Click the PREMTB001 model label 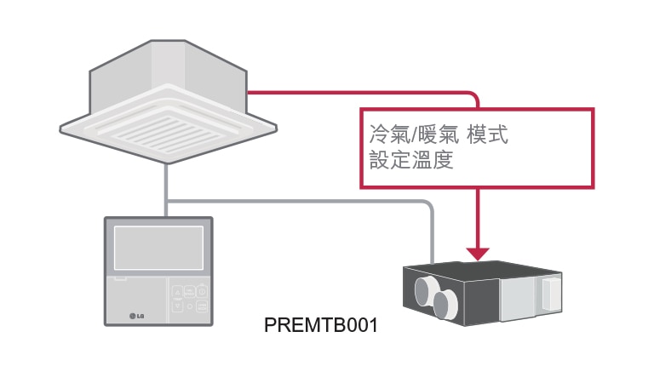pyautogui.click(x=320, y=326)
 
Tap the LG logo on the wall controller pyautogui.click(x=136, y=317)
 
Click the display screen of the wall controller pyautogui.click(x=158, y=248)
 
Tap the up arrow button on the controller pyautogui.click(x=178, y=291)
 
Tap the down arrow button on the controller pyautogui.click(x=178, y=306)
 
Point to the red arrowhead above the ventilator pyautogui.click(x=478, y=253)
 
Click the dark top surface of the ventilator pyautogui.click(x=481, y=271)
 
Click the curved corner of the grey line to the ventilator pyautogui.click(x=427, y=205)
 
